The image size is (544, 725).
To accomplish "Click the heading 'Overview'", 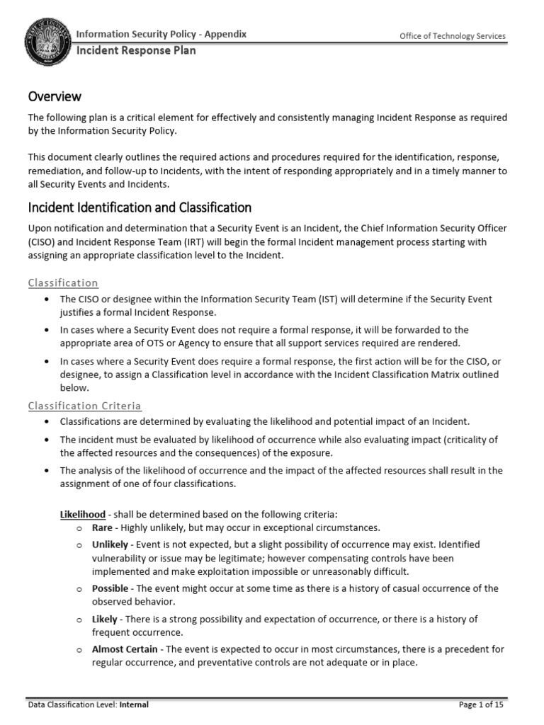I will click(x=55, y=96).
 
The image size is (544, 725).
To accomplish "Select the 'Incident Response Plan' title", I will click(x=136, y=51).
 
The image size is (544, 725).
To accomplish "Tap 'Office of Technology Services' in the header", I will click(x=453, y=37).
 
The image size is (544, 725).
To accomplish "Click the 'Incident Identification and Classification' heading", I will click(x=140, y=207).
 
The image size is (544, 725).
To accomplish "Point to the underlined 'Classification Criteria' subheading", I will click(x=84, y=406).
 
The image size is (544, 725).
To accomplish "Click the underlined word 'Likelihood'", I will click(x=83, y=513).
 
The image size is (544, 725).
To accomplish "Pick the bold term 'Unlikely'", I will click(x=110, y=544).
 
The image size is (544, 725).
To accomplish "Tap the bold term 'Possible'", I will click(x=110, y=588).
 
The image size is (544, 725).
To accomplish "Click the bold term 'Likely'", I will click(x=105, y=619).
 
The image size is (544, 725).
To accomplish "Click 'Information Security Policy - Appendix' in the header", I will click(x=161, y=35).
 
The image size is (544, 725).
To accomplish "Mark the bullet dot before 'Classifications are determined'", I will click(x=46, y=421).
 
